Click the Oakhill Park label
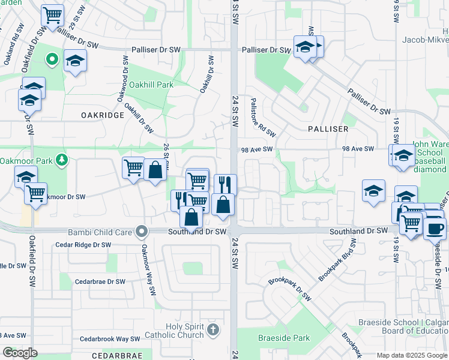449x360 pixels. pos(147,85)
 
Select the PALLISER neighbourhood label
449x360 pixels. pos(328,129)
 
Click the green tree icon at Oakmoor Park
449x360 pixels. pos(60,160)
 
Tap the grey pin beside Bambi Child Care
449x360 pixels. pos(142,231)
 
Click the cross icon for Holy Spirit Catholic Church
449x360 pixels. pos(212,329)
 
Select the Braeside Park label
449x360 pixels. pos(284,338)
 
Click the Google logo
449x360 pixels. pos(19,353)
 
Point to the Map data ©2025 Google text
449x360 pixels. pos(412,355)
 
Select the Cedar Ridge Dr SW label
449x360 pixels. pos(83,245)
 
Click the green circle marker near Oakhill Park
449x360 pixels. pos(52,59)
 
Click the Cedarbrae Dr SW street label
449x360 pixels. pos(100,281)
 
